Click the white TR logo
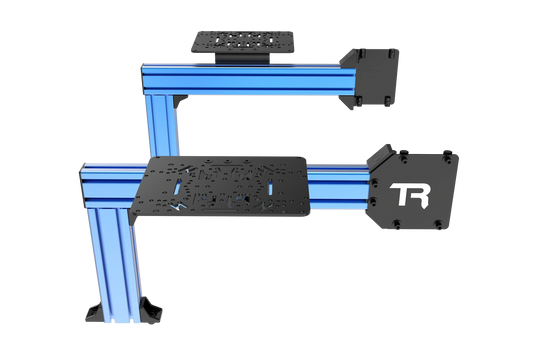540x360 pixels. tap(407, 194)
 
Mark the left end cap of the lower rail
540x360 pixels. tap(81, 175)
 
